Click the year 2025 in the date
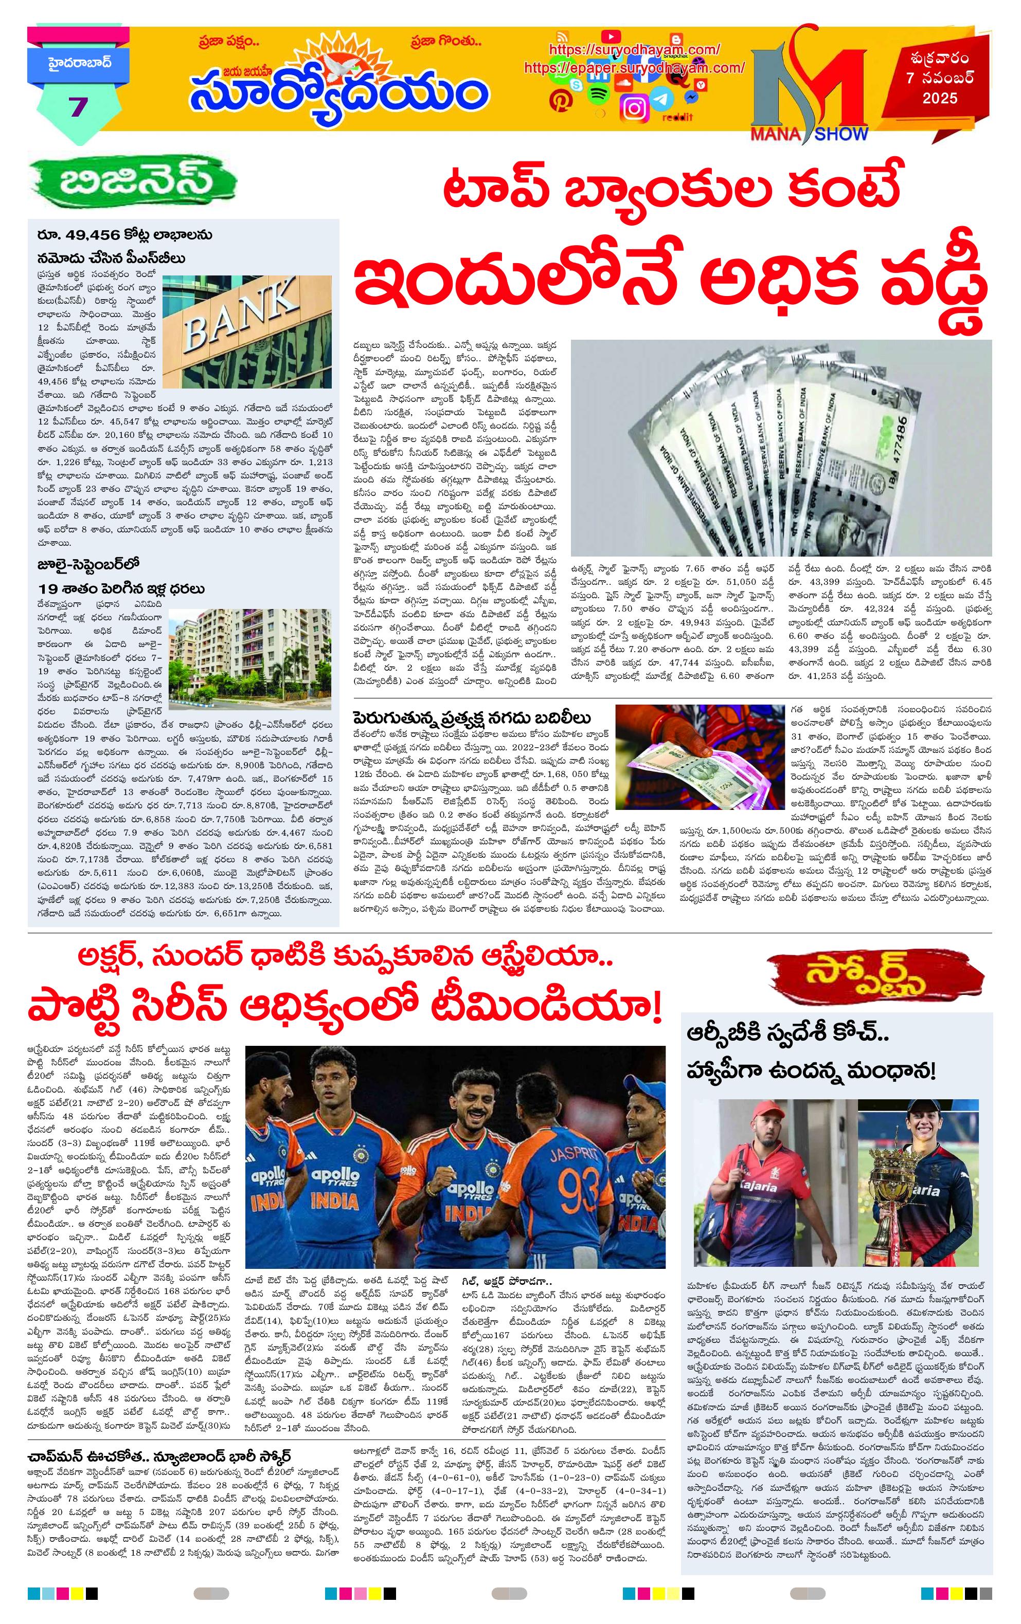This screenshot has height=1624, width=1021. pos(940,99)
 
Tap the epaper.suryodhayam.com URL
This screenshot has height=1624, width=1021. pos(634,68)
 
